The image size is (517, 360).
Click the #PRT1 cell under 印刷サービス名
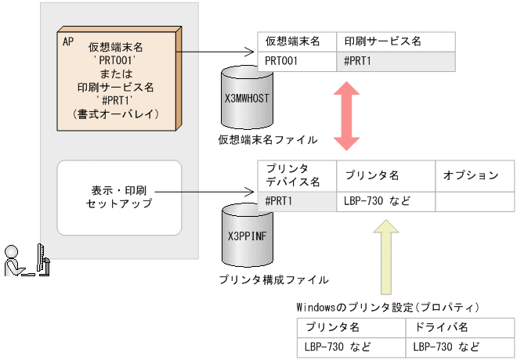(x=395, y=61)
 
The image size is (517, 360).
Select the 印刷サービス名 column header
(x=395, y=41)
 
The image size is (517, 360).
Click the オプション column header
(x=470, y=175)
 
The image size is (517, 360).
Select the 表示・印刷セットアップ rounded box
(x=120, y=197)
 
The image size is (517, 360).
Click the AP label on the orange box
(x=68, y=41)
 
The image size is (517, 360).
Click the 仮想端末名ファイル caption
(x=268, y=140)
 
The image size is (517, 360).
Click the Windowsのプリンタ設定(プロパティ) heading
(x=388, y=306)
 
